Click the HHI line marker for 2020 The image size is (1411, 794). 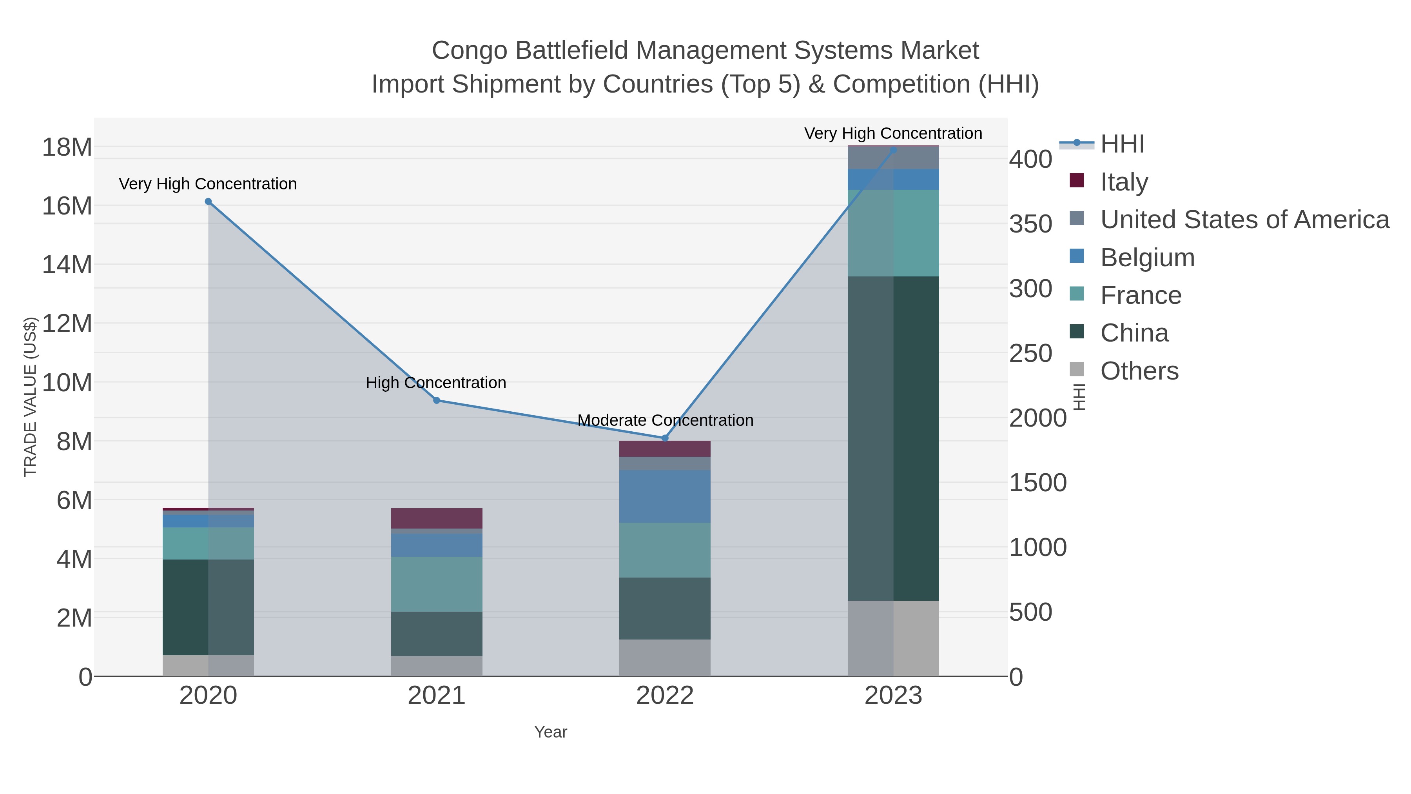(208, 202)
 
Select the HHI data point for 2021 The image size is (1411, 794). (437, 401)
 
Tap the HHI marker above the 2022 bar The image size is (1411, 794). (665, 438)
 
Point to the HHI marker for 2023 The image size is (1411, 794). (893, 150)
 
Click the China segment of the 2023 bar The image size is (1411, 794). (893, 438)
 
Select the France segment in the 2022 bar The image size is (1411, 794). (665, 550)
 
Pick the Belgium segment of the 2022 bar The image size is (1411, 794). (665, 496)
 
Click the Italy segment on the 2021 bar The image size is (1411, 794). (437, 518)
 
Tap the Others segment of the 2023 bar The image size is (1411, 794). (893, 638)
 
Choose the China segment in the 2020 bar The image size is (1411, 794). (208, 607)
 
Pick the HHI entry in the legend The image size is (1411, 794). (1122, 144)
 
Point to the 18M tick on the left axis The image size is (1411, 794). (67, 147)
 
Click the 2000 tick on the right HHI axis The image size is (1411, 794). (1037, 419)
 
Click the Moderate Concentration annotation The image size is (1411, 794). (665, 420)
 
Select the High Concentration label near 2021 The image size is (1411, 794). (436, 382)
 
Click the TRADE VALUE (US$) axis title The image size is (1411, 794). (31, 397)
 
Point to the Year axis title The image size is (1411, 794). (551, 732)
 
